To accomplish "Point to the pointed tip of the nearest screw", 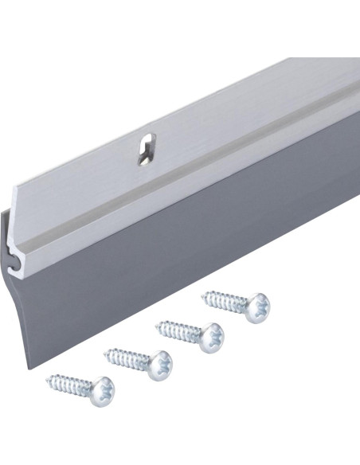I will pos(49,377).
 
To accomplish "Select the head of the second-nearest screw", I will pos(158,362).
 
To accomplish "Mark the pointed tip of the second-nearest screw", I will pos(106,350).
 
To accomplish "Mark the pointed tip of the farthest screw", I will pos(204,296).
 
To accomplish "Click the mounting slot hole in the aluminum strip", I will pos(145,149).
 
